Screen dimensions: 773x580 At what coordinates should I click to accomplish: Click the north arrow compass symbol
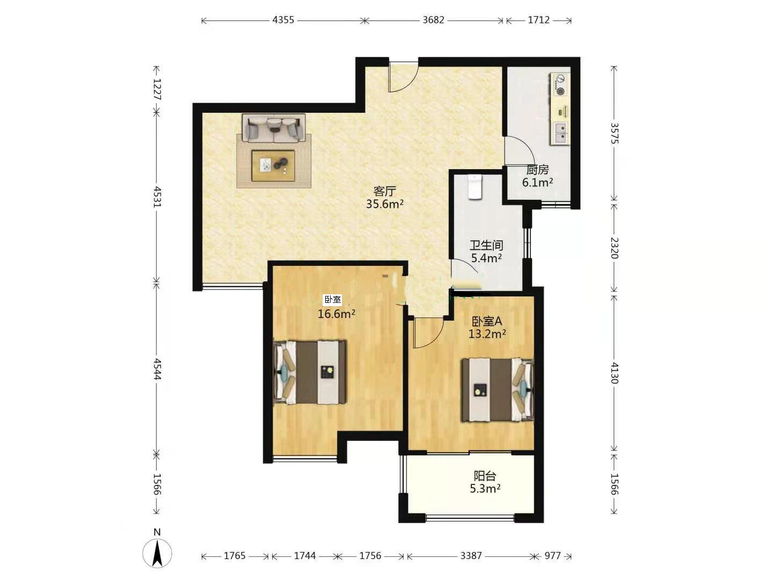pyautogui.click(x=157, y=553)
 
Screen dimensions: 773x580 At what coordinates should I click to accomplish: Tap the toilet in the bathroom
pyautogui.click(x=475, y=187)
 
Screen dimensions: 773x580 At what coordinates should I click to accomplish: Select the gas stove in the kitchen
pyautogui.click(x=560, y=84)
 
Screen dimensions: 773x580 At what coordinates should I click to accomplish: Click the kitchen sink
pyautogui.click(x=560, y=133)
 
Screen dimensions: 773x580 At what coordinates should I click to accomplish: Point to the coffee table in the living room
pyautogui.click(x=273, y=165)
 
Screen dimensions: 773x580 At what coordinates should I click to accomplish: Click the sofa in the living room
pyautogui.click(x=274, y=128)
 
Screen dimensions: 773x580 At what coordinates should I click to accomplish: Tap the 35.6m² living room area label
pyautogui.click(x=384, y=204)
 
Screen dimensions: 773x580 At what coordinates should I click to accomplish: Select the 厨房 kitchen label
pyautogui.click(x=537, y=170)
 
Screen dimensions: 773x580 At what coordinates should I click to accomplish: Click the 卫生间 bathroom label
pyautogui.click(x=486, y=245)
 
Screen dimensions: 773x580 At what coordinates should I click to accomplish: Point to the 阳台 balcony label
pyautogui.click(x=485, y=476)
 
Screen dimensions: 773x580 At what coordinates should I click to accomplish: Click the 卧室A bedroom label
pyautogui.click(x=487, y=321)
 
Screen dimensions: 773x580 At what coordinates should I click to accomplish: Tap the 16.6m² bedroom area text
pyautogui.click(x=337, y=314)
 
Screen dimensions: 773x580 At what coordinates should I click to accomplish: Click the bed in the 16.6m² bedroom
pyautogui.click(x=310, y=372)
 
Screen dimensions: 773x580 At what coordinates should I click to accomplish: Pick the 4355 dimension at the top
pyautogui.click(x=283, y=20)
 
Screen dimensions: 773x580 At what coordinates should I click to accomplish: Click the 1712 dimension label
pyautogui.click(x=538, y=20)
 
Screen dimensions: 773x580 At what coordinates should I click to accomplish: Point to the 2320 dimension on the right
pyautogui.click(x=614, y=248)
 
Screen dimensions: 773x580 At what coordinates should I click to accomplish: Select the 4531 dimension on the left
pyautogui.click(x=157, y=197)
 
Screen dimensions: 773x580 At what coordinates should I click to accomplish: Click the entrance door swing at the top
pyautogui.click(x=403, y=77)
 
